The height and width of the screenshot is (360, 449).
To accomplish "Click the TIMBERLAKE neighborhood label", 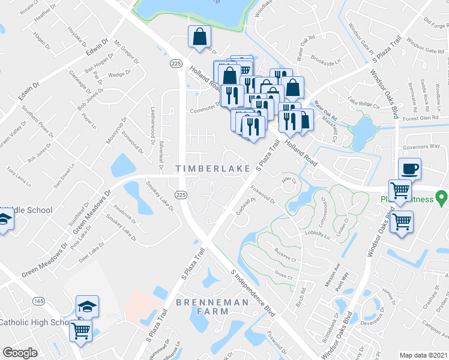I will [213, 169].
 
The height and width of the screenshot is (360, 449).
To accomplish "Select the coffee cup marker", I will [410, 169].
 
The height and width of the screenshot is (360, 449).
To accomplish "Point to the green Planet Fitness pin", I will [442, 196].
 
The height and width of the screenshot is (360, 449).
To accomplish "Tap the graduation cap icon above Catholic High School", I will [87, 306].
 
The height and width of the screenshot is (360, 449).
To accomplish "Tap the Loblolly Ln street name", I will [318, 235].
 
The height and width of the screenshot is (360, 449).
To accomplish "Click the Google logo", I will [20, 353].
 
